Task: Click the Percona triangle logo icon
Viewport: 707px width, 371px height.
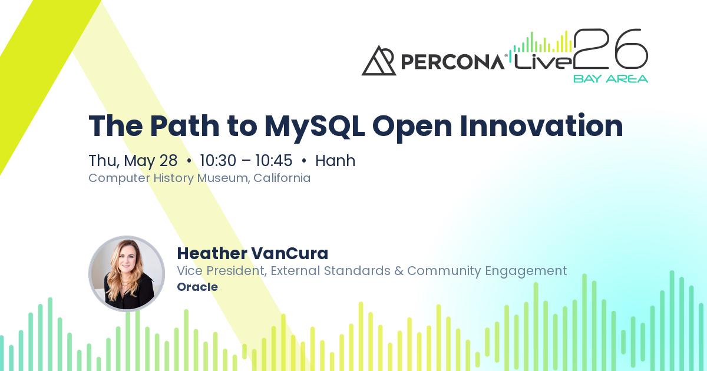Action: coord(378,61)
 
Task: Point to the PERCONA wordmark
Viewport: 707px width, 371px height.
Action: coord(452,61)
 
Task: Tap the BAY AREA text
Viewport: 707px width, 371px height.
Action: coord(610,78)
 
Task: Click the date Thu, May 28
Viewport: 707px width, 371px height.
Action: coord(133,161)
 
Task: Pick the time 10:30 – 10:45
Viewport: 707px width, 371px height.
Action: coord(246,161)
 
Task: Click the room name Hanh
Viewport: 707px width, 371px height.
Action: coord(335,161)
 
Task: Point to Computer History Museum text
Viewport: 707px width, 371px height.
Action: coord(169,178)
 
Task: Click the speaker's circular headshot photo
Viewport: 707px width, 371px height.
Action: coord(127,274)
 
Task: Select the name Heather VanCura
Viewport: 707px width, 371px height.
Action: coord(252,253)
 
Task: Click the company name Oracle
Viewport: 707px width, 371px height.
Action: coord(197,287)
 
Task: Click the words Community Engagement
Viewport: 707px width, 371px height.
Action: coord(487,271)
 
